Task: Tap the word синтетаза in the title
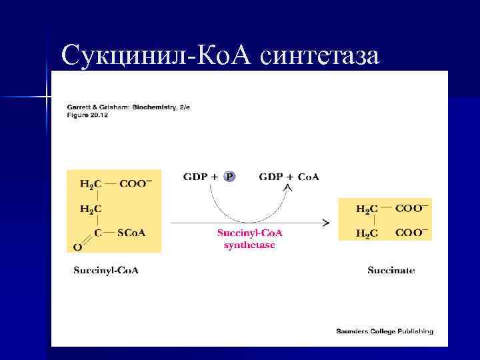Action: [321, 55]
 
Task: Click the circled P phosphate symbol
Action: [229, 177]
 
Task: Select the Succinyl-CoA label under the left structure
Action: [106, 270]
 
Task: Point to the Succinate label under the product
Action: [391, 270]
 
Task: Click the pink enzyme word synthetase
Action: [249, 245]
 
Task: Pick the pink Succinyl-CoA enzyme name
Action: [250, 233]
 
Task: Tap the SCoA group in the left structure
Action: [131, 233]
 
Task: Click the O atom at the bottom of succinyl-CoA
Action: [77, 247]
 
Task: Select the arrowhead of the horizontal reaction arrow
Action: [326, 221]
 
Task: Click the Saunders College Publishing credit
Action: [385, 331]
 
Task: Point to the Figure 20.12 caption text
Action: [87, 115]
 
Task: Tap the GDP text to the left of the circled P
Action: [195, 177]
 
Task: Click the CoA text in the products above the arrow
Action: [307, 177]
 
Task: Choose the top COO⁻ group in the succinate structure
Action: [411, 209]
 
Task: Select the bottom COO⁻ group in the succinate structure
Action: [411, 233]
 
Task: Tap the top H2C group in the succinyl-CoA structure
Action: [91, 184]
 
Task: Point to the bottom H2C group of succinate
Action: [367, 233]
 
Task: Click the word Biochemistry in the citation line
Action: [150, 107]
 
